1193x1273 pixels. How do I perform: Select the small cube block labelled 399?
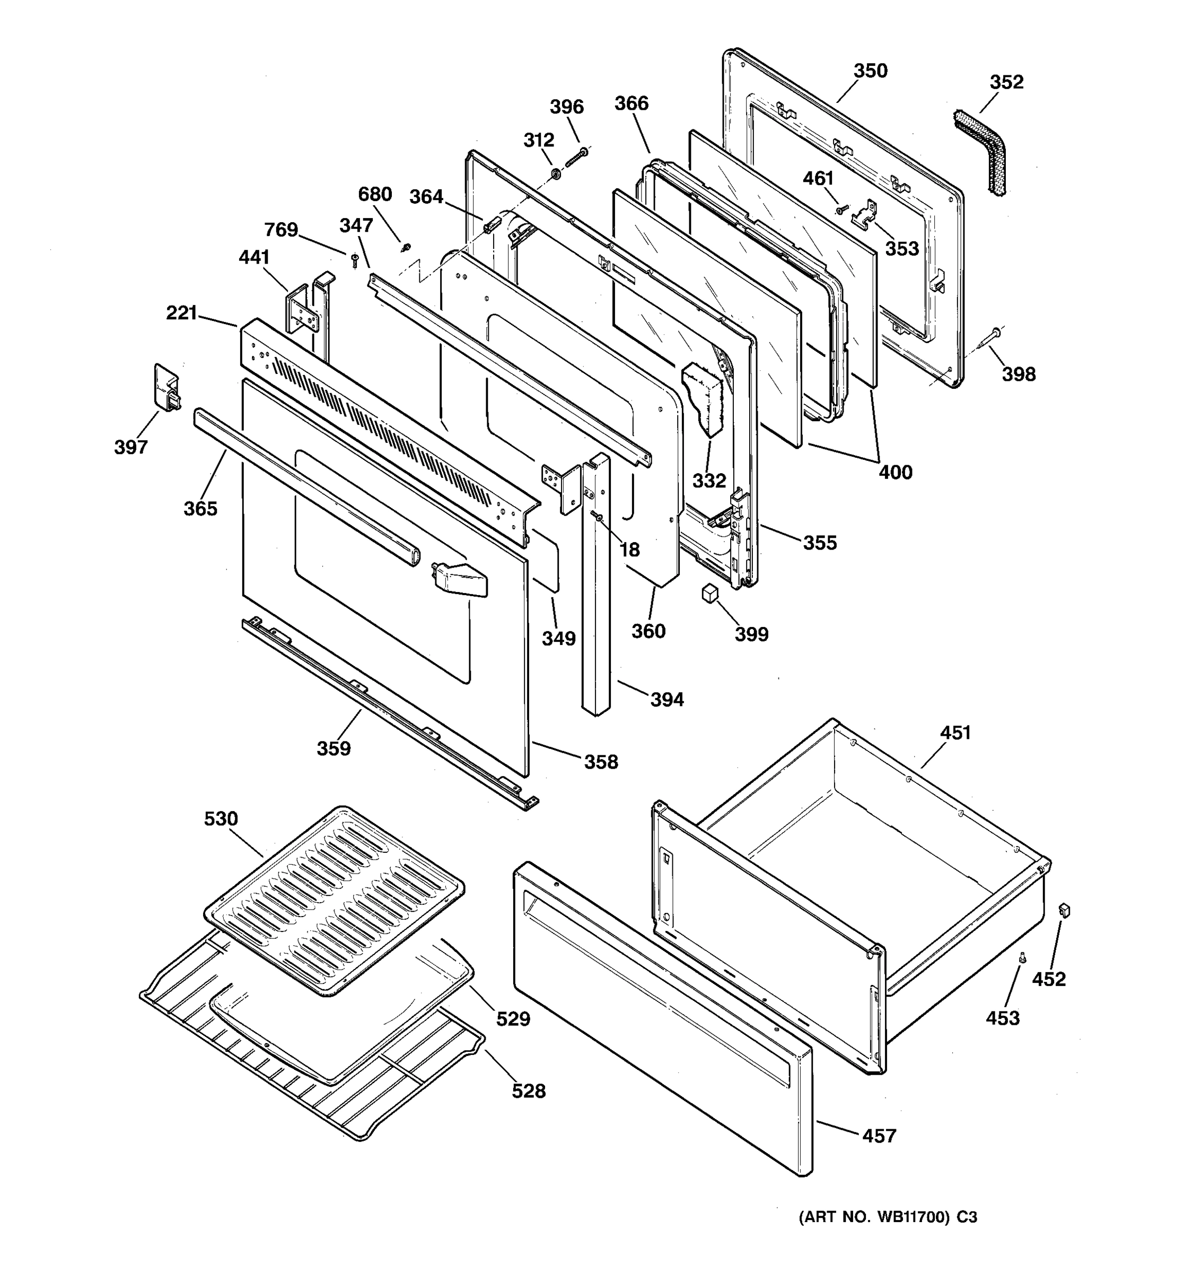(708, 592)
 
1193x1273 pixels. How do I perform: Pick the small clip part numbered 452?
(1065, 910)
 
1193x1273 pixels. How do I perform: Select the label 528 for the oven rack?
(528, 1091)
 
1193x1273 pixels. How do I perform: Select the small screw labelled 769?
(355, 259)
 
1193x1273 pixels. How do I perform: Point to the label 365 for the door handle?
(200, 509)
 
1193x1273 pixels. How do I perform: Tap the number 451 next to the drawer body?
(955, 733)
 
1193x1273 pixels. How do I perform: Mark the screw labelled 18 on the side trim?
(596, 517)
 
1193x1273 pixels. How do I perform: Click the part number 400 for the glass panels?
(895, 473)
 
